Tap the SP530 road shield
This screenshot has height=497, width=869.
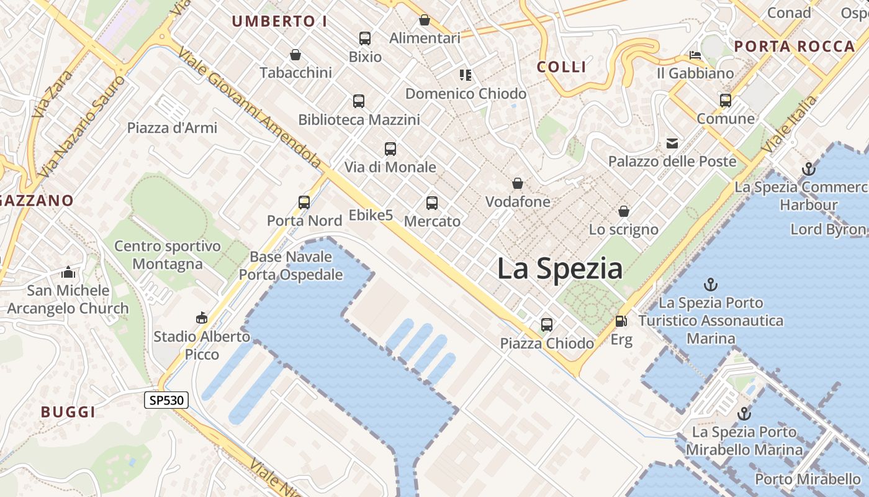pos(166,400)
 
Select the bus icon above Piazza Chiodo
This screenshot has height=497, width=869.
pos(546,324)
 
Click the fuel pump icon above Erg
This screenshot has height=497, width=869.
pos(621,321)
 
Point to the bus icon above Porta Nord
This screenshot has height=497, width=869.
pos(304,202)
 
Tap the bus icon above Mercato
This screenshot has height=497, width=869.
pos(431,203)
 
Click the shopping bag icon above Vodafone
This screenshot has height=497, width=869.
pos(517,183)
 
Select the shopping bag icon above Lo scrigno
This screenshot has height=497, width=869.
pos(623,211)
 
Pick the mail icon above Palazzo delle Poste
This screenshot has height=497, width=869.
pos(672,144)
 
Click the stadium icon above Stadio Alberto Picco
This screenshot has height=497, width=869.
pos(201,318)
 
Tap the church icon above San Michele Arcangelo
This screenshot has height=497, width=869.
pos(68,272)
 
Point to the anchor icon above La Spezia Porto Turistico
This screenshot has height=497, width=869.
pos(710,285)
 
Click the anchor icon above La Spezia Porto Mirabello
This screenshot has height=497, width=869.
pos(744,414)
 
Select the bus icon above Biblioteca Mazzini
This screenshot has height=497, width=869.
pos(358,101)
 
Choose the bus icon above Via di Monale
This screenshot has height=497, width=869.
pos(390,148)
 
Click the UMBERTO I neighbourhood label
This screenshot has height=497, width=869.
pos(279,21)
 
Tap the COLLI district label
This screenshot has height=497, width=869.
pos(561,67)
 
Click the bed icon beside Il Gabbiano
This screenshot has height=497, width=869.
pos(695,55)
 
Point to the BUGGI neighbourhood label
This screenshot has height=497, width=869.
pos(68,412)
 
